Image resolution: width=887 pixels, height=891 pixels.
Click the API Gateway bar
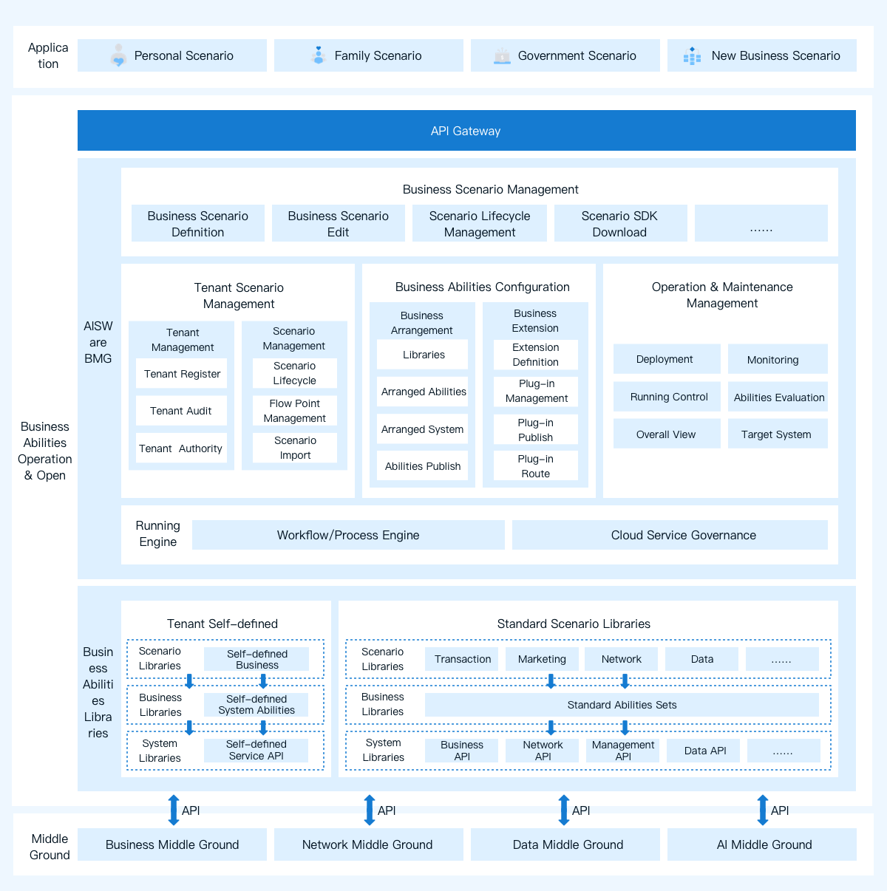click(466, 130)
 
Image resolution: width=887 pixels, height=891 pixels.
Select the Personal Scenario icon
click(118, 55)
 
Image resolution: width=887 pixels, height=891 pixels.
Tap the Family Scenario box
click(368, 55)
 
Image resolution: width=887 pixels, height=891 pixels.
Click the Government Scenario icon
click(502, 56)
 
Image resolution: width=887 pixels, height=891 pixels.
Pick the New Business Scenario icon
click(692, 56)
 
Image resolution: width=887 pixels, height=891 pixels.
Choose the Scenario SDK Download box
click(620, 223)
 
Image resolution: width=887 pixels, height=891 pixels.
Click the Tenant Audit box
click(181, 411)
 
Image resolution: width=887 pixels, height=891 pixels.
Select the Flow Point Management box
click(295, 411)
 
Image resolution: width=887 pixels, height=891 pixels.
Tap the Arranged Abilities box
click(423, 392)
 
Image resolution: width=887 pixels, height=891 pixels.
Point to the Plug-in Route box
click(536, 465)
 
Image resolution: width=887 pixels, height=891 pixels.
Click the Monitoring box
click(778, 359)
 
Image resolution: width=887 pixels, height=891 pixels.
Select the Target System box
click(778, 434)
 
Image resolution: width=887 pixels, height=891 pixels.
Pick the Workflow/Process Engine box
click(348, 535)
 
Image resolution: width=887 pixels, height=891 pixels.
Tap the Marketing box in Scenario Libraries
click(542, 659)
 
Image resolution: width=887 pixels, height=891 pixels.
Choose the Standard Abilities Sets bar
click(622, 705)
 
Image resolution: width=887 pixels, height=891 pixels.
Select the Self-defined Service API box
click(256, 751)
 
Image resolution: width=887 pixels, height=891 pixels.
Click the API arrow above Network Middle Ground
click(370, 810)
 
